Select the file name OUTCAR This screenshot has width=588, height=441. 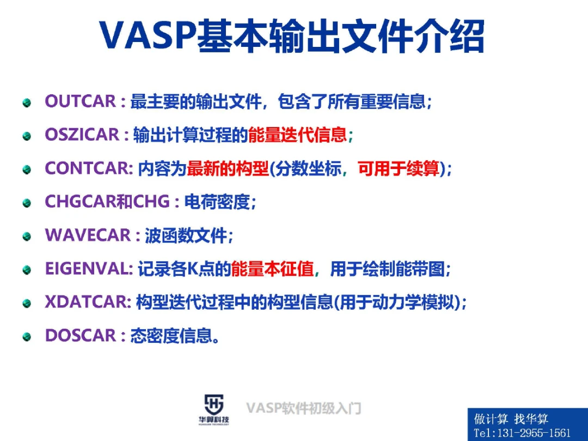tap(80, 101)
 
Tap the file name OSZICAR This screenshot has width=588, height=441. tap(82, 135)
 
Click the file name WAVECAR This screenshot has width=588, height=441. tap(88, 235)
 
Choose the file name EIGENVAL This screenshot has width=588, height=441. tap(89, 269)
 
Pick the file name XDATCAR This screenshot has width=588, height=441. tap(88, 303)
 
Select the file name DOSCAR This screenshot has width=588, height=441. tap(81, 336)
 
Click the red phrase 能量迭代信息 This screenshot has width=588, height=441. tap(297, 135)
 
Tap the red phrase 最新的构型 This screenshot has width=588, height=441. tap(228, 168)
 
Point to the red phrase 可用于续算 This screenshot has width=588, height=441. tap(399, 168)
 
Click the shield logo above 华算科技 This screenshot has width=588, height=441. tap(214, 404)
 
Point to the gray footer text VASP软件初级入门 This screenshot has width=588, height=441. tap(303, 408)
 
